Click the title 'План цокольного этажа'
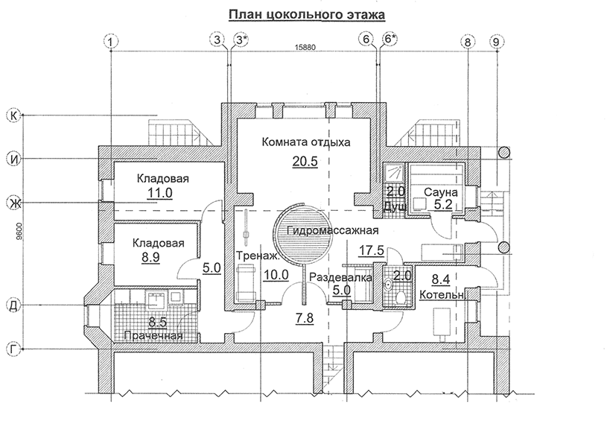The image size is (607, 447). point(307,15)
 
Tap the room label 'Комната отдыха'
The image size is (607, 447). point(306,142)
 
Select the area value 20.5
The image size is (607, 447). point(305,161)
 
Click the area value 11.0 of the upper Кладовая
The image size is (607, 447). point(160,192)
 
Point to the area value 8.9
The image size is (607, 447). point(150,257)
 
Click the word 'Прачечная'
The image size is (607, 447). point(153,335)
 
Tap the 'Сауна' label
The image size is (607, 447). point(440,192)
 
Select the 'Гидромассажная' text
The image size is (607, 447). point(332,231)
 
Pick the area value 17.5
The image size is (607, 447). point(371,250)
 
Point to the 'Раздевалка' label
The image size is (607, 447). point(340,277)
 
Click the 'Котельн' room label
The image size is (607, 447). point(442,295)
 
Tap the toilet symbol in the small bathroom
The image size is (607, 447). point(401,297)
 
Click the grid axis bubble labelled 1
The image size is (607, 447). point(111,41)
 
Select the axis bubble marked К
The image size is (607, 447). point(14,115)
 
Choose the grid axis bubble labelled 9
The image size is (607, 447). point(497,41)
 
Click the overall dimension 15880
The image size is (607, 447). point(305,48)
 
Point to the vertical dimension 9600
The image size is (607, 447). point(19,232)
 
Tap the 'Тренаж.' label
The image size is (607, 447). point(258,256)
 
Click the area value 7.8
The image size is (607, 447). point(305,318)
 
